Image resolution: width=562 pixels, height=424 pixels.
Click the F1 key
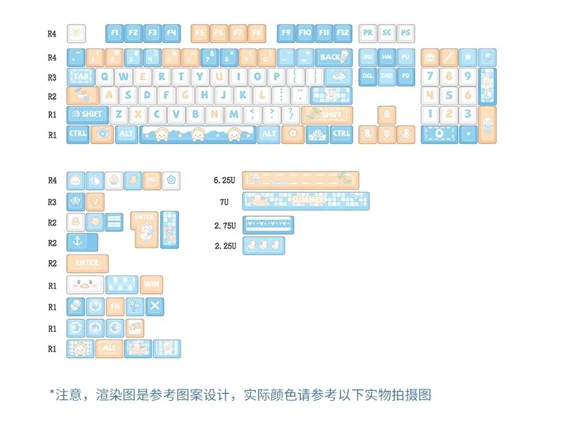(x=115, y=33)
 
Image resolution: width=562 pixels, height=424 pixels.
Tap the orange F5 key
(x=200, y=33)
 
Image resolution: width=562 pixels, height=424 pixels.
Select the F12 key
(x=342, y=33)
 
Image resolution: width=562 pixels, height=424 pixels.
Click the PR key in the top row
(x=368, y=33)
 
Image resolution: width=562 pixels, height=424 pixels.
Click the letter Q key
(x=106, y=77)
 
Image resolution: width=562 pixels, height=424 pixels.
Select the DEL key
(x=367, y=77)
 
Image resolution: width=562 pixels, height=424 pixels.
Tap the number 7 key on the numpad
(x=431, y=77)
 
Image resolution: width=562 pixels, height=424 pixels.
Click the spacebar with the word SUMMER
(x=306, y=201)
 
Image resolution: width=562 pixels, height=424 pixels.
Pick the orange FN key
(x=115, y=307)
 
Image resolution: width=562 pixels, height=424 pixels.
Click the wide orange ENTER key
(x=88, y=264)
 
